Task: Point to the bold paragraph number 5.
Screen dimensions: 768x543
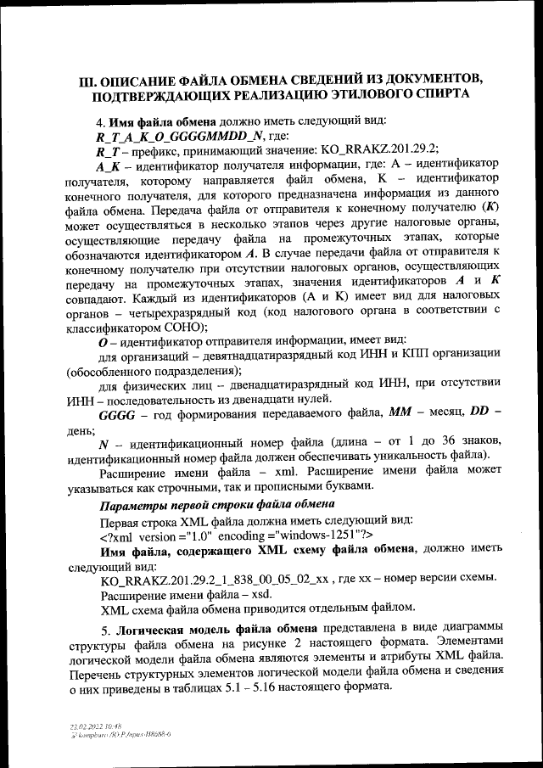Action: (x=105, y=632)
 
